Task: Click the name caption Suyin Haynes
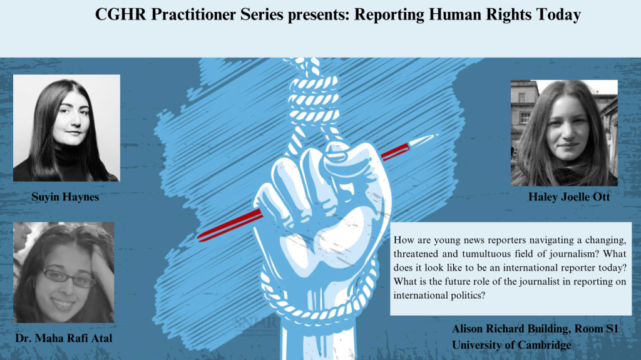65,197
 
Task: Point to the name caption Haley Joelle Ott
569,197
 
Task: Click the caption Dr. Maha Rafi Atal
64,338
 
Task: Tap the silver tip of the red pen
424,140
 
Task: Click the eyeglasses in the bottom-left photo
69,277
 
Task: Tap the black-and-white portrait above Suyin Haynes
66,128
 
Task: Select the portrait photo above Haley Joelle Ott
564,133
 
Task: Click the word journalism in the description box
570,254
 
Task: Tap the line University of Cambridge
511,345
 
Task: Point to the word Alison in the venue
468,329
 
